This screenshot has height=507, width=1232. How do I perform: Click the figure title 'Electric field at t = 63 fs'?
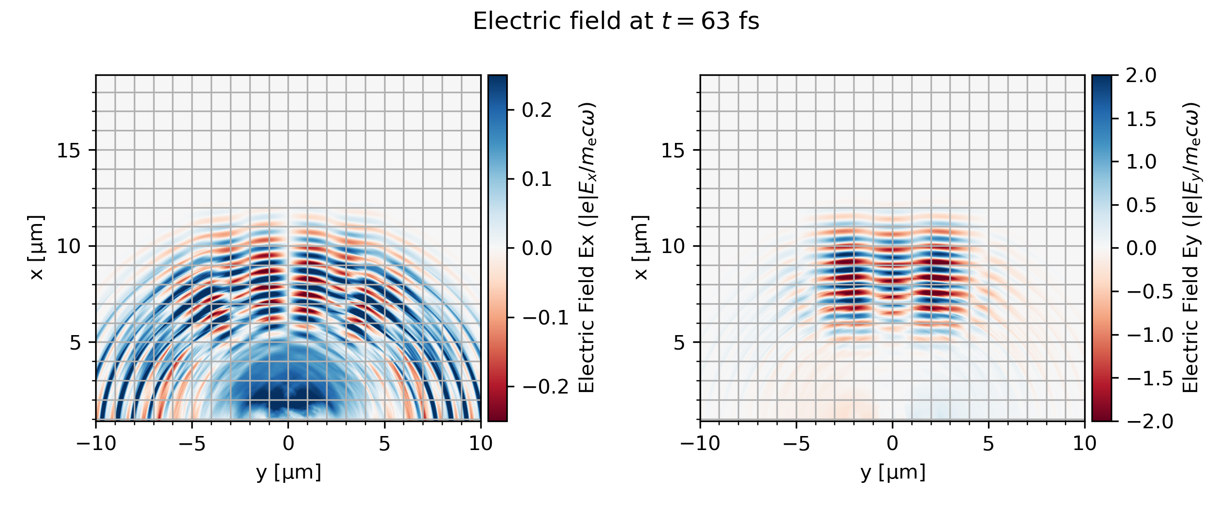click(616, 22)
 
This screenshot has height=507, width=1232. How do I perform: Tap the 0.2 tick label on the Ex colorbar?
click(537, 111)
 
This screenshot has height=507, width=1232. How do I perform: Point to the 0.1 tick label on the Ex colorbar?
click(537, 180)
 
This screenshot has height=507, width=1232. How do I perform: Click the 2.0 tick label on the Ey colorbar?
click(1141, 76)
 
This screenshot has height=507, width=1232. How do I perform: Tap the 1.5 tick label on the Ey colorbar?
click(1141, 119)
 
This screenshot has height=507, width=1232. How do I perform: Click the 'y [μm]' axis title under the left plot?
click(288, 473)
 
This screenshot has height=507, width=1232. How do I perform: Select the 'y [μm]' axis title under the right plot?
click(893, 473)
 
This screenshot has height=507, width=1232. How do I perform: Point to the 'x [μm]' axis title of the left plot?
click(37, 248)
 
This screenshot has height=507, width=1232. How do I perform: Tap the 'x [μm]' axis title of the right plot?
click(641, 248)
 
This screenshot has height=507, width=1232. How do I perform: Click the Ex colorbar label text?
click(587, 248)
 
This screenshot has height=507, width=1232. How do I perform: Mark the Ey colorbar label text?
click(1191, 248)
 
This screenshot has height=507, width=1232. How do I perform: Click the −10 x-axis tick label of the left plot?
click(96, 443)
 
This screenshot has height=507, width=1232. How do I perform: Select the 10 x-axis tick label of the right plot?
click(1085, 443)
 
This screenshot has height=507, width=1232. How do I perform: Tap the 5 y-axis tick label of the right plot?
click(679, 343)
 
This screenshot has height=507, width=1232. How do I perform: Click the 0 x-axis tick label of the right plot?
click(892, 443)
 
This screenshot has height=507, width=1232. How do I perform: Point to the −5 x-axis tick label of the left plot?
click(192, 443)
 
